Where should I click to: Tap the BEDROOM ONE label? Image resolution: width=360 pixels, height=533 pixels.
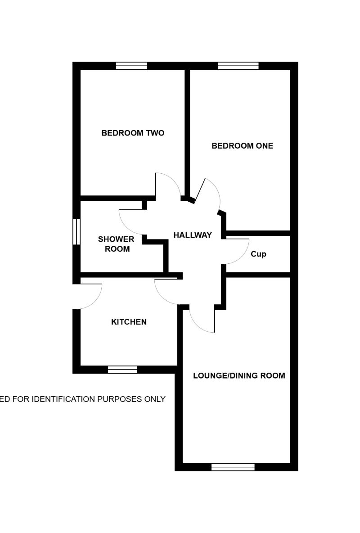(x=242, y=146)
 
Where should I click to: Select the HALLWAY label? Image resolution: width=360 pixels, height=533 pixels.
(x=193, y=235)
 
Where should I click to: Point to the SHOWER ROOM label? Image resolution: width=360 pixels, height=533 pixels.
(x=116, y=244)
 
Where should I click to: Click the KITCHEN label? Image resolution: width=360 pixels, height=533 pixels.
(x=129, y=322)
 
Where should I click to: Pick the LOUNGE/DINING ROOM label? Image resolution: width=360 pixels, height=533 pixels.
(x=239, y=375)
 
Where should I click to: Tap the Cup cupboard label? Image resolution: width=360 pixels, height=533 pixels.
(x=258, y=254)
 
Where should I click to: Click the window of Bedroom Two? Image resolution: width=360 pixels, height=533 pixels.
(x=131, y=66)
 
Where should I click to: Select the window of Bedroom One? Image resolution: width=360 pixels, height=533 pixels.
(x=238, y=66)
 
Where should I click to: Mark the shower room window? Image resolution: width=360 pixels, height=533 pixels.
(x=76, y=232)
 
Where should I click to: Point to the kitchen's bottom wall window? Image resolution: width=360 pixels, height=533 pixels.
(x=122, y=370)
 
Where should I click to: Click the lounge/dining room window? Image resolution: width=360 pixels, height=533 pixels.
(x=233, y=467)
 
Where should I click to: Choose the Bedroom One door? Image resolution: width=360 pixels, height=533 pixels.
(x=209, y=194)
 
